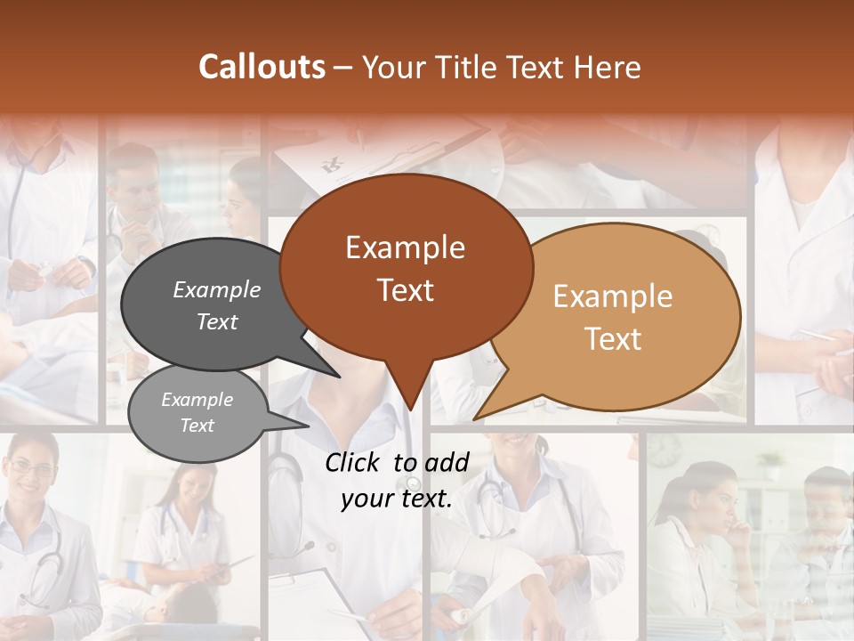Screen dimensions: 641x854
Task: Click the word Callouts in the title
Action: click(x=262, y=67)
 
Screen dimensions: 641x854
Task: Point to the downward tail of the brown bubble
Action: click(x=409, y=392)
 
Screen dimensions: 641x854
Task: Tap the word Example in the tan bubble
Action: click(x=613, y=296)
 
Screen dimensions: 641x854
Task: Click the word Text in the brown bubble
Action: click(x=406, y=290)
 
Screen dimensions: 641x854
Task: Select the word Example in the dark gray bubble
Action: click(x=217, y=289)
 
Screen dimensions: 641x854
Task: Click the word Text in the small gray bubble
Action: click(x=197, y=426)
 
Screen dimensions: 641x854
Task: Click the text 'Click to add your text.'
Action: click(x=397, y=481)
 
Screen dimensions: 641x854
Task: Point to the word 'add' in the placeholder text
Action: click(x=446, y=462)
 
